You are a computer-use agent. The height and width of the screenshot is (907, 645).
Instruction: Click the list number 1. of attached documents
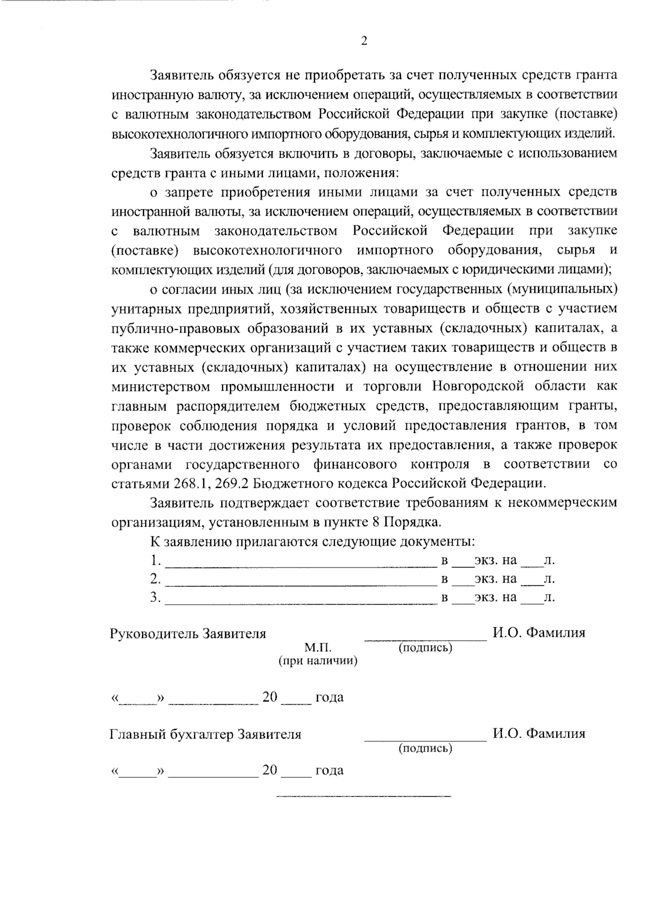(x=156, y=561)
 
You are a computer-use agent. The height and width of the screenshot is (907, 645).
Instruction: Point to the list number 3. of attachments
(x=156, y=597)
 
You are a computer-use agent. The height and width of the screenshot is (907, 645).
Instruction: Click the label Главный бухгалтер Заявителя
(x=205, y=734)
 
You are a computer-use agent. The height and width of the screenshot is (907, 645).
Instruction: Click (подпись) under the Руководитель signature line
(x=425, y=648)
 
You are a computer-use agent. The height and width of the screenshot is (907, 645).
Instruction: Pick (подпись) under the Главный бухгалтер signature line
(x=425, y=748)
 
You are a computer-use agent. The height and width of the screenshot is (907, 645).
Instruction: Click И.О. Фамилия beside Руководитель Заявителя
(x=539, y=633)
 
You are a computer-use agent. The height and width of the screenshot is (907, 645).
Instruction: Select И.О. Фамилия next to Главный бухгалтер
(x=539, y=733)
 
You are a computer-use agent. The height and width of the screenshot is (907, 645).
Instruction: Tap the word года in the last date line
(x=329, y=771)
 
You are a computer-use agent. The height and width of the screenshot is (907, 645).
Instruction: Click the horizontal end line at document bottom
(x=364, y=796)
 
